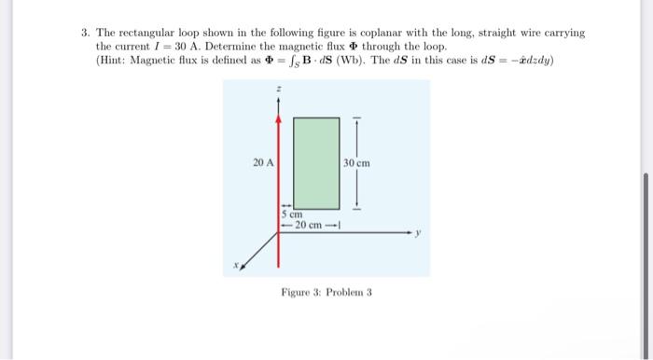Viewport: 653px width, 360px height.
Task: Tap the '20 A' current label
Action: [x=263, y=163]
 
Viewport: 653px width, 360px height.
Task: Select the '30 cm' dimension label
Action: [x=358, y=163]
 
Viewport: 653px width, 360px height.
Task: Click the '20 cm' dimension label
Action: [x=309, y=224]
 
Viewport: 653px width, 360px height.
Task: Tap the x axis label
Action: [x=236, y=266]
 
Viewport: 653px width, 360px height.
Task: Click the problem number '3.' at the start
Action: [x=85, y=33]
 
